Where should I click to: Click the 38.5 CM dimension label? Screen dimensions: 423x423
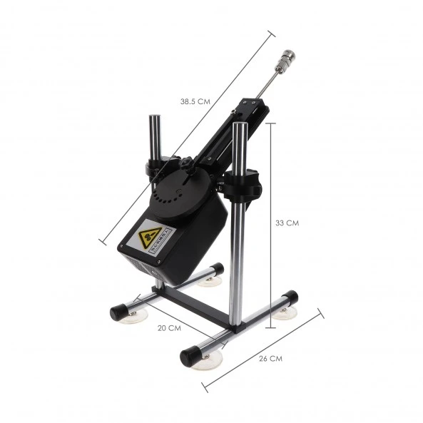[x=195, y=101]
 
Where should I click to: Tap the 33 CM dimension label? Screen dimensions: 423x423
[x=287, y=223]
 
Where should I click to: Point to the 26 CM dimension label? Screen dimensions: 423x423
[x=271, y=358]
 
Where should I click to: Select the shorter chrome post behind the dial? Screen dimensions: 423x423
[x=155, y=136]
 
